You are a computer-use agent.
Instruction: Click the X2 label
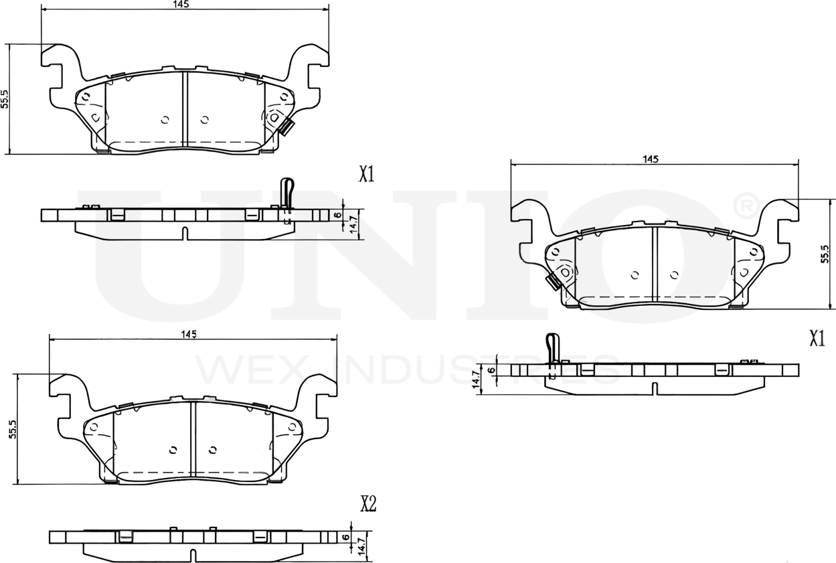coord(367,504)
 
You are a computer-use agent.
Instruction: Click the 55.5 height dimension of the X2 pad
coord(12,429)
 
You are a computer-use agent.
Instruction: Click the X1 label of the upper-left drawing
coord(366,175)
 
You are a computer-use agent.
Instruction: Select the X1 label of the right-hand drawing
coord(816,339)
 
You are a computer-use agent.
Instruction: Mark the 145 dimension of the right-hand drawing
coord(650,159)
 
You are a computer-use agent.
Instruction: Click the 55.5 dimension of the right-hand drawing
coord(825,255)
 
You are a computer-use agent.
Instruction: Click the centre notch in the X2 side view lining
coord(193,554)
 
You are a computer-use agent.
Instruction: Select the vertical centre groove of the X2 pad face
coord(193,440)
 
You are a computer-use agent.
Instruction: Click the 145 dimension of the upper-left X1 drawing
coord(181,4)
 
